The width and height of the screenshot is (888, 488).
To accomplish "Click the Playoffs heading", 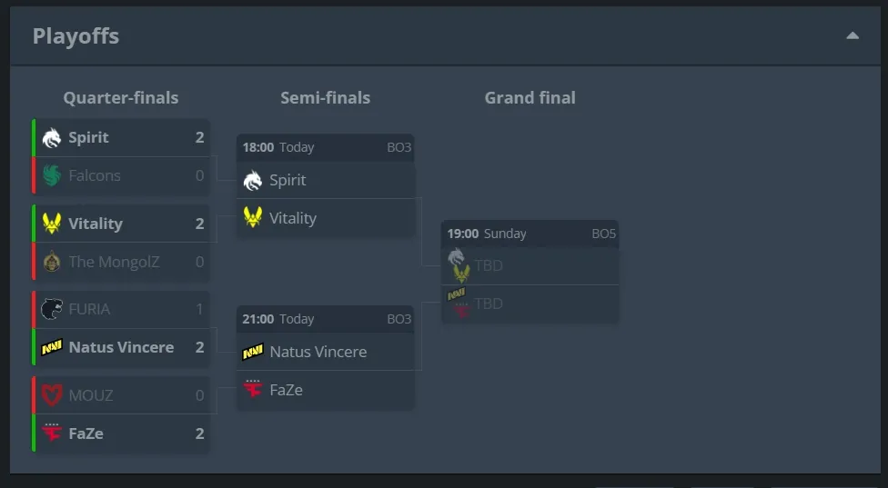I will coord(76,36).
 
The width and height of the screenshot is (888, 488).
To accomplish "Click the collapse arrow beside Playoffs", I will coord(852,36).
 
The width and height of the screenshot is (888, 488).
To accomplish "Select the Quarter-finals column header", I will coord(121,98).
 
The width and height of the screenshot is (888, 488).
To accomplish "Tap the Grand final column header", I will coord(530,98).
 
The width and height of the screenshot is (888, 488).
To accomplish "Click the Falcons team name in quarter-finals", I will coord(95,175).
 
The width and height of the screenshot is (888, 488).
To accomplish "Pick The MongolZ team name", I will coord(114,262).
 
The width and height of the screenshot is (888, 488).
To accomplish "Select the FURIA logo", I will coord(51,309).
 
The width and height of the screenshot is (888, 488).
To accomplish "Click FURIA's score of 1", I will coord(199,309).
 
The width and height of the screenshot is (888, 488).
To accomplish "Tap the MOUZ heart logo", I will coord(51,395).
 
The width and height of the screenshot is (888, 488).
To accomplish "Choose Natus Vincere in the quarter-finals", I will coord(121,347).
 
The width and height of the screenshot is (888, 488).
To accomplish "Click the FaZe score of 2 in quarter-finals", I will coord(199,433).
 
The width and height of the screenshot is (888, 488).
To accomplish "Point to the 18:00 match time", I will coord(257,147).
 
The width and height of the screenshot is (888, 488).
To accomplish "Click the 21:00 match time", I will coord(257,319).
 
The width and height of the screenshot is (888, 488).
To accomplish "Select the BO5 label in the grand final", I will coord(603,234).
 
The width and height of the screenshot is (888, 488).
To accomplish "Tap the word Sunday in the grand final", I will coord(505,234).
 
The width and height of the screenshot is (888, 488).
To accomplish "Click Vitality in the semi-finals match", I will coord(293,218).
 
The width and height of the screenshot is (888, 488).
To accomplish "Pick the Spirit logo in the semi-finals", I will coord(253,180).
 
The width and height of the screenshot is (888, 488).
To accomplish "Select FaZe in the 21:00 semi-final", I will coord(287,390).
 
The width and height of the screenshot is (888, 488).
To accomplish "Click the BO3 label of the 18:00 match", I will coord(399,147).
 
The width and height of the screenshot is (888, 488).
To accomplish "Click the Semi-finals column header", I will coord(325,98).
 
